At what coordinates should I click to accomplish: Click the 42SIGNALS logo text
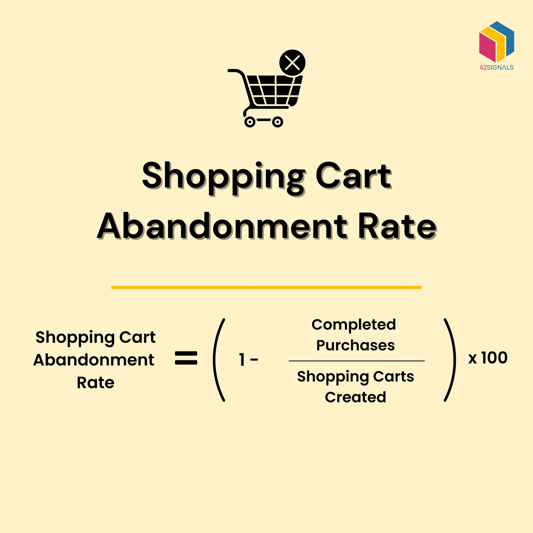pos(497,67)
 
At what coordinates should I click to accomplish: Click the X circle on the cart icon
pos(292,63)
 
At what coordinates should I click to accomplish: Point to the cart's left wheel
pos(250,122)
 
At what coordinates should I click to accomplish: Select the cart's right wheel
pos(277,122)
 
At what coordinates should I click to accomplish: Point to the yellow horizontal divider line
pos(266,288)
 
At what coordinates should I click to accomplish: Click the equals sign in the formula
pos(186,358)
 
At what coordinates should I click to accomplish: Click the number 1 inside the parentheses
pos(242,359)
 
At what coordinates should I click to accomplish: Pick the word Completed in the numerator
pos(354,325)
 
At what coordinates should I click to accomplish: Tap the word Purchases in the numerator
pos(355,345)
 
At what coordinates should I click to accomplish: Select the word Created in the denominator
pos(355,397)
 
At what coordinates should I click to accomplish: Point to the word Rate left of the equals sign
pos(96,383)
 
